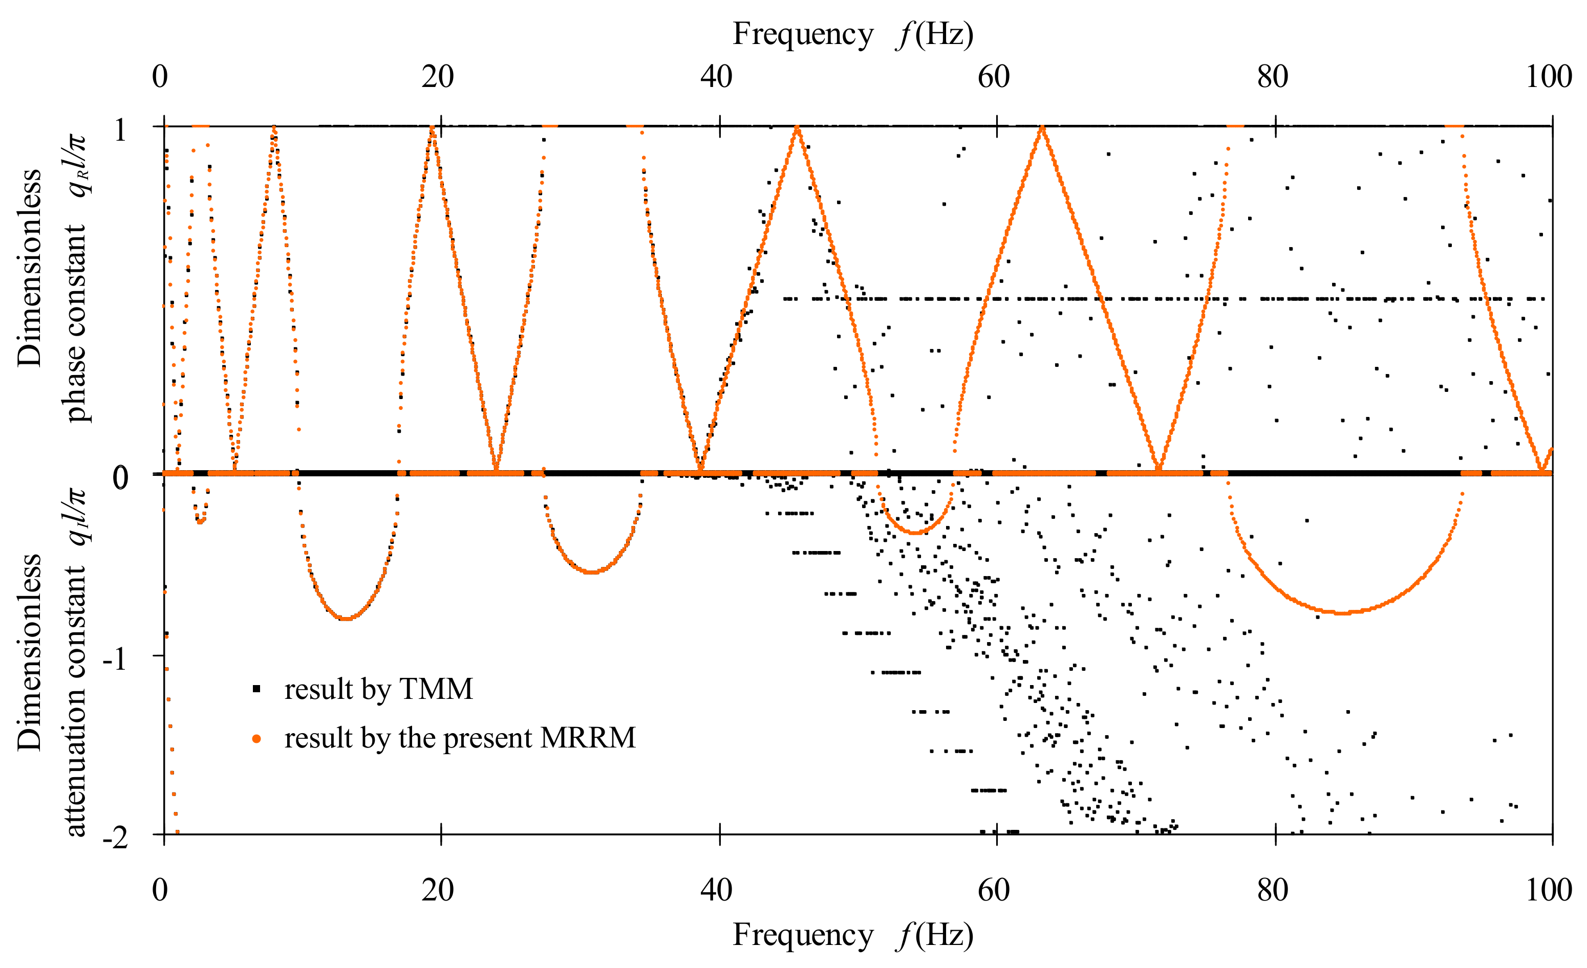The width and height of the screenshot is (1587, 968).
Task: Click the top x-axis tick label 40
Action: (716, 77)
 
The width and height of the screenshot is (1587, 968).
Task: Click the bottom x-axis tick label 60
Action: (994, 890)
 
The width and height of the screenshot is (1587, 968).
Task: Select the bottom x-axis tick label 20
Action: (438, 890)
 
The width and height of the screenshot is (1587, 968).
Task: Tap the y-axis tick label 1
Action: (120, 130)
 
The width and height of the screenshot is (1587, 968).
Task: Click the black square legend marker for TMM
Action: (256, 689)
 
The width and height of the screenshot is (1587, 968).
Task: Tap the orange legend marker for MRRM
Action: (256, 738)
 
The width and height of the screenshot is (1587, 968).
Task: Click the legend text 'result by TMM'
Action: (379, 689)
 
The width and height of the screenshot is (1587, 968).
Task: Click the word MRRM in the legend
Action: (587, 738)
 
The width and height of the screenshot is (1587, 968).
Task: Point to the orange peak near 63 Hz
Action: (1042, 127)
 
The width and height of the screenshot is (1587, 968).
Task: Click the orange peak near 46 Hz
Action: (798, 127)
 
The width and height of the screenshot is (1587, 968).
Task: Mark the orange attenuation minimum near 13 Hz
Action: (347, 619)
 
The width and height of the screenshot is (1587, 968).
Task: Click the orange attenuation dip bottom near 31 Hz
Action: (592, 571)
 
